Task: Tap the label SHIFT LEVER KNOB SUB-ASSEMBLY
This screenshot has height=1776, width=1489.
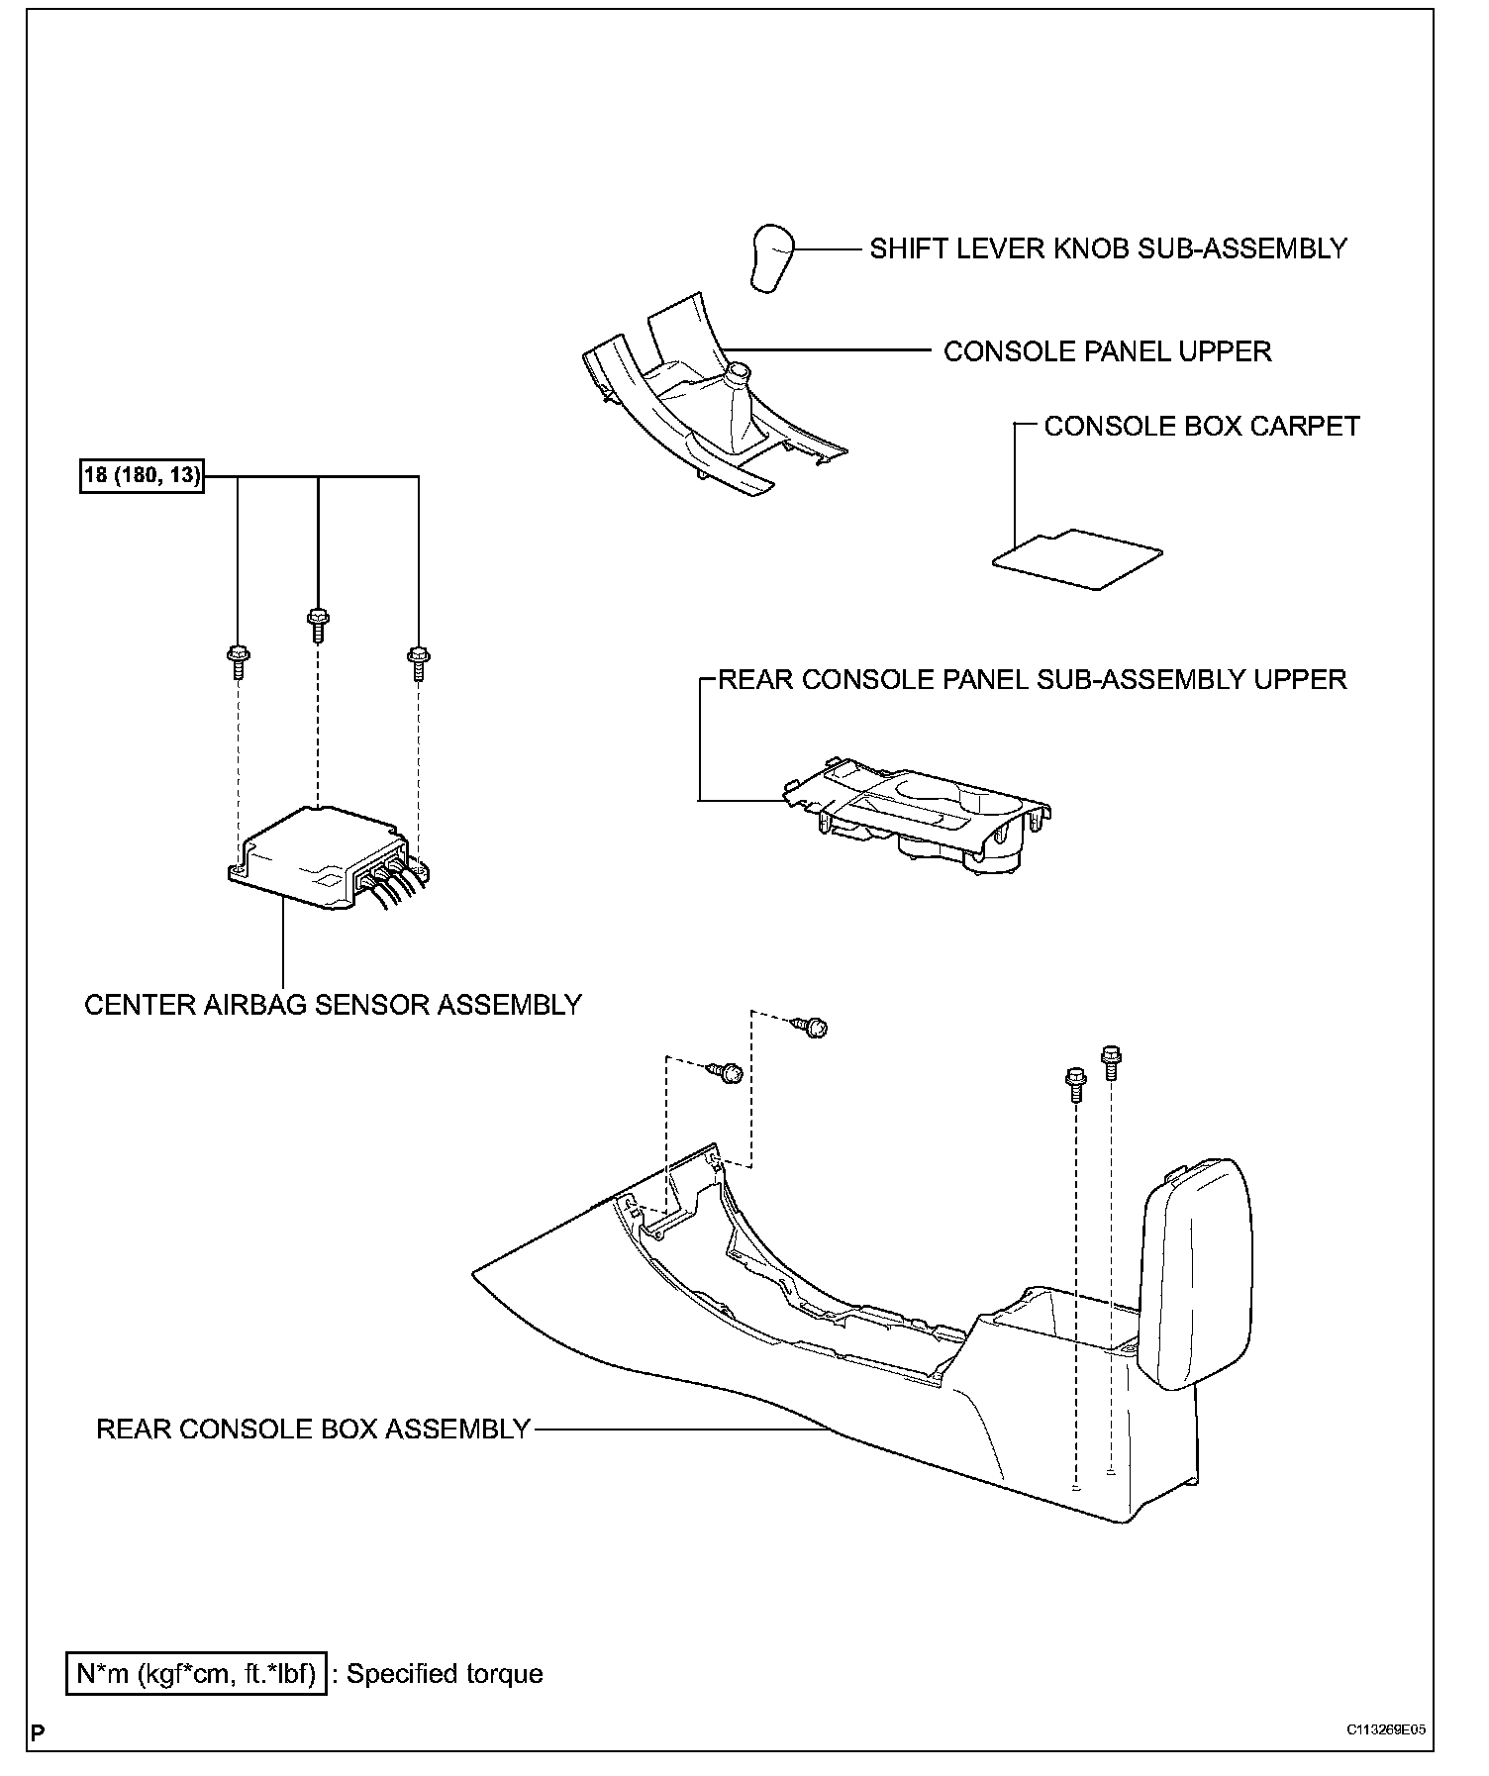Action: point(1108,248)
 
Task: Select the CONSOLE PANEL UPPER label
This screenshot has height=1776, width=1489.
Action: point(1107,351)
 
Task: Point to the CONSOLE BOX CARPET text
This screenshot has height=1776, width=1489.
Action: point(1202,426)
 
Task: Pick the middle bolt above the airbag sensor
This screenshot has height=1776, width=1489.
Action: point(318,624)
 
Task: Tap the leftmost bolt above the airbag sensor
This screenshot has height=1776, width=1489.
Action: point(238,660)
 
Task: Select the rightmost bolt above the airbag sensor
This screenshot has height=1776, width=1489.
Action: point(418,661)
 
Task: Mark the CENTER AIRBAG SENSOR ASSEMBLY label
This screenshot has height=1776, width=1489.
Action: point(333,1005)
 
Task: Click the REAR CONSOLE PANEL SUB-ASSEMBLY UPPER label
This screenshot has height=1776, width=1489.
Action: point(1032,679)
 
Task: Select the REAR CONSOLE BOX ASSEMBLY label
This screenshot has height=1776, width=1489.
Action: point(313,1430)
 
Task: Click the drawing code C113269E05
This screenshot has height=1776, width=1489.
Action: point(1385,1730)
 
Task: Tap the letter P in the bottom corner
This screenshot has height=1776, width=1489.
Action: point(38,1732)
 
